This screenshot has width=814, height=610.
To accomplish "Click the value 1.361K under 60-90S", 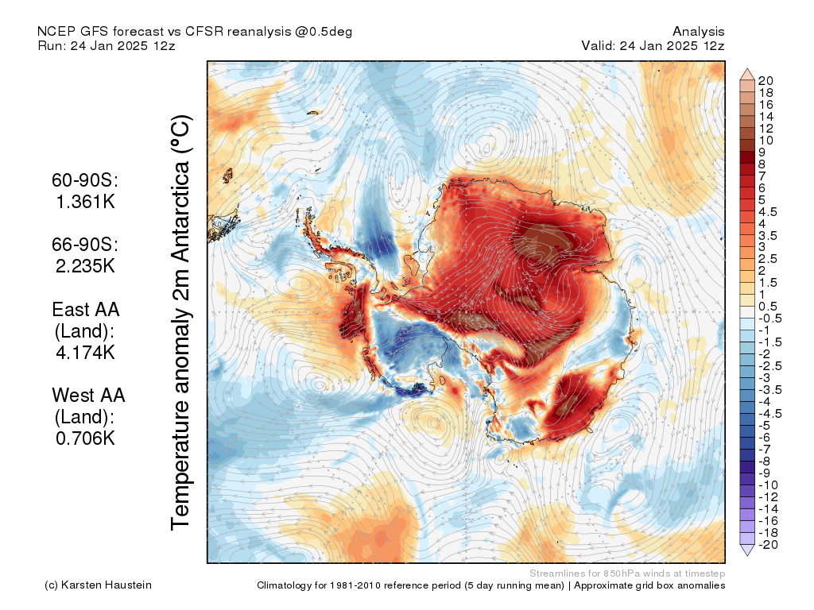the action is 86,201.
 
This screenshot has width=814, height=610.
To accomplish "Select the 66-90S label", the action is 85,245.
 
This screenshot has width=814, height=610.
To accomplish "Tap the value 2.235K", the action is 85,266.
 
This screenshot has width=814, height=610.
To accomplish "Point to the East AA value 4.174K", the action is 85,353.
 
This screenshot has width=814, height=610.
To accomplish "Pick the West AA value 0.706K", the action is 85,438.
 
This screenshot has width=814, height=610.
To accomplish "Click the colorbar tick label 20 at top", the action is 766,81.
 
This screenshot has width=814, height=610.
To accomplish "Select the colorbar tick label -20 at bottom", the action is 768,545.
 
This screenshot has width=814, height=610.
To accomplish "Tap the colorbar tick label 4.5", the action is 768,212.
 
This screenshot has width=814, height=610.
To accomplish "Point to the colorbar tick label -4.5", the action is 769,414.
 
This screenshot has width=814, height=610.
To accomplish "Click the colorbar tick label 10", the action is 766,141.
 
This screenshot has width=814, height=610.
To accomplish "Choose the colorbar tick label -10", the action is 768,485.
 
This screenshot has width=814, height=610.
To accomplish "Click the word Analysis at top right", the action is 698,32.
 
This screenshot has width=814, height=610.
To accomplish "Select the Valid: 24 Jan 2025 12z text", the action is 653,45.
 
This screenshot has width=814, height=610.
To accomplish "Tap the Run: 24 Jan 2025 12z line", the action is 107,45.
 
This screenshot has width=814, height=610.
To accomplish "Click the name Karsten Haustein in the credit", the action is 107,585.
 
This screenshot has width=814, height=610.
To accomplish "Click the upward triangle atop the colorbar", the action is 747,74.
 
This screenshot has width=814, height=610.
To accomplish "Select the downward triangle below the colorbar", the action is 747,550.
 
